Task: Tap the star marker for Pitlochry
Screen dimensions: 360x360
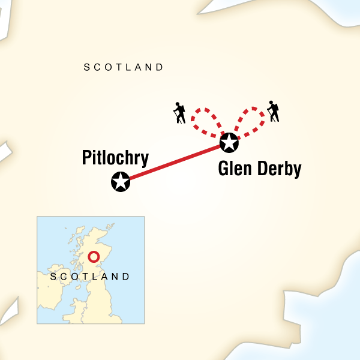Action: pyautogui.click(x=121, y=181)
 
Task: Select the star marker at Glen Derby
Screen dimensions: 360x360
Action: pyautogui.click(x=229, y=143)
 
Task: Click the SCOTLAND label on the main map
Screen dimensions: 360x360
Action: pyautogui.click(x=124, y=67)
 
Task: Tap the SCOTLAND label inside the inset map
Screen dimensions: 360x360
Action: pyautogui.click(x=90, y=277)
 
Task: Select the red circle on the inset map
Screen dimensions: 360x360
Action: pyautogui.click(x=94, y=257)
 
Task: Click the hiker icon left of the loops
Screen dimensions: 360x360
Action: pyautogui.click(x=179, y=113)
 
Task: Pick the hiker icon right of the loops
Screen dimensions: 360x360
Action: pyautogui.click(x=274, y=112)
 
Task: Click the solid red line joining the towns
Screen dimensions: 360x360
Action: pyautogui.click(x=174, y=162)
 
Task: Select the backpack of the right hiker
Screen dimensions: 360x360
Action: pyautogui.click(x=277, y=108)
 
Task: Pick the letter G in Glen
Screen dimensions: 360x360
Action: pyautogui.click(x=224, y=170)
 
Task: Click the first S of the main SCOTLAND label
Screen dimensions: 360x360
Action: pyautogui.click(x=87, y=67)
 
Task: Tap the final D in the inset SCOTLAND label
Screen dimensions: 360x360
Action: pyautogui.click(x=126, y=277)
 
